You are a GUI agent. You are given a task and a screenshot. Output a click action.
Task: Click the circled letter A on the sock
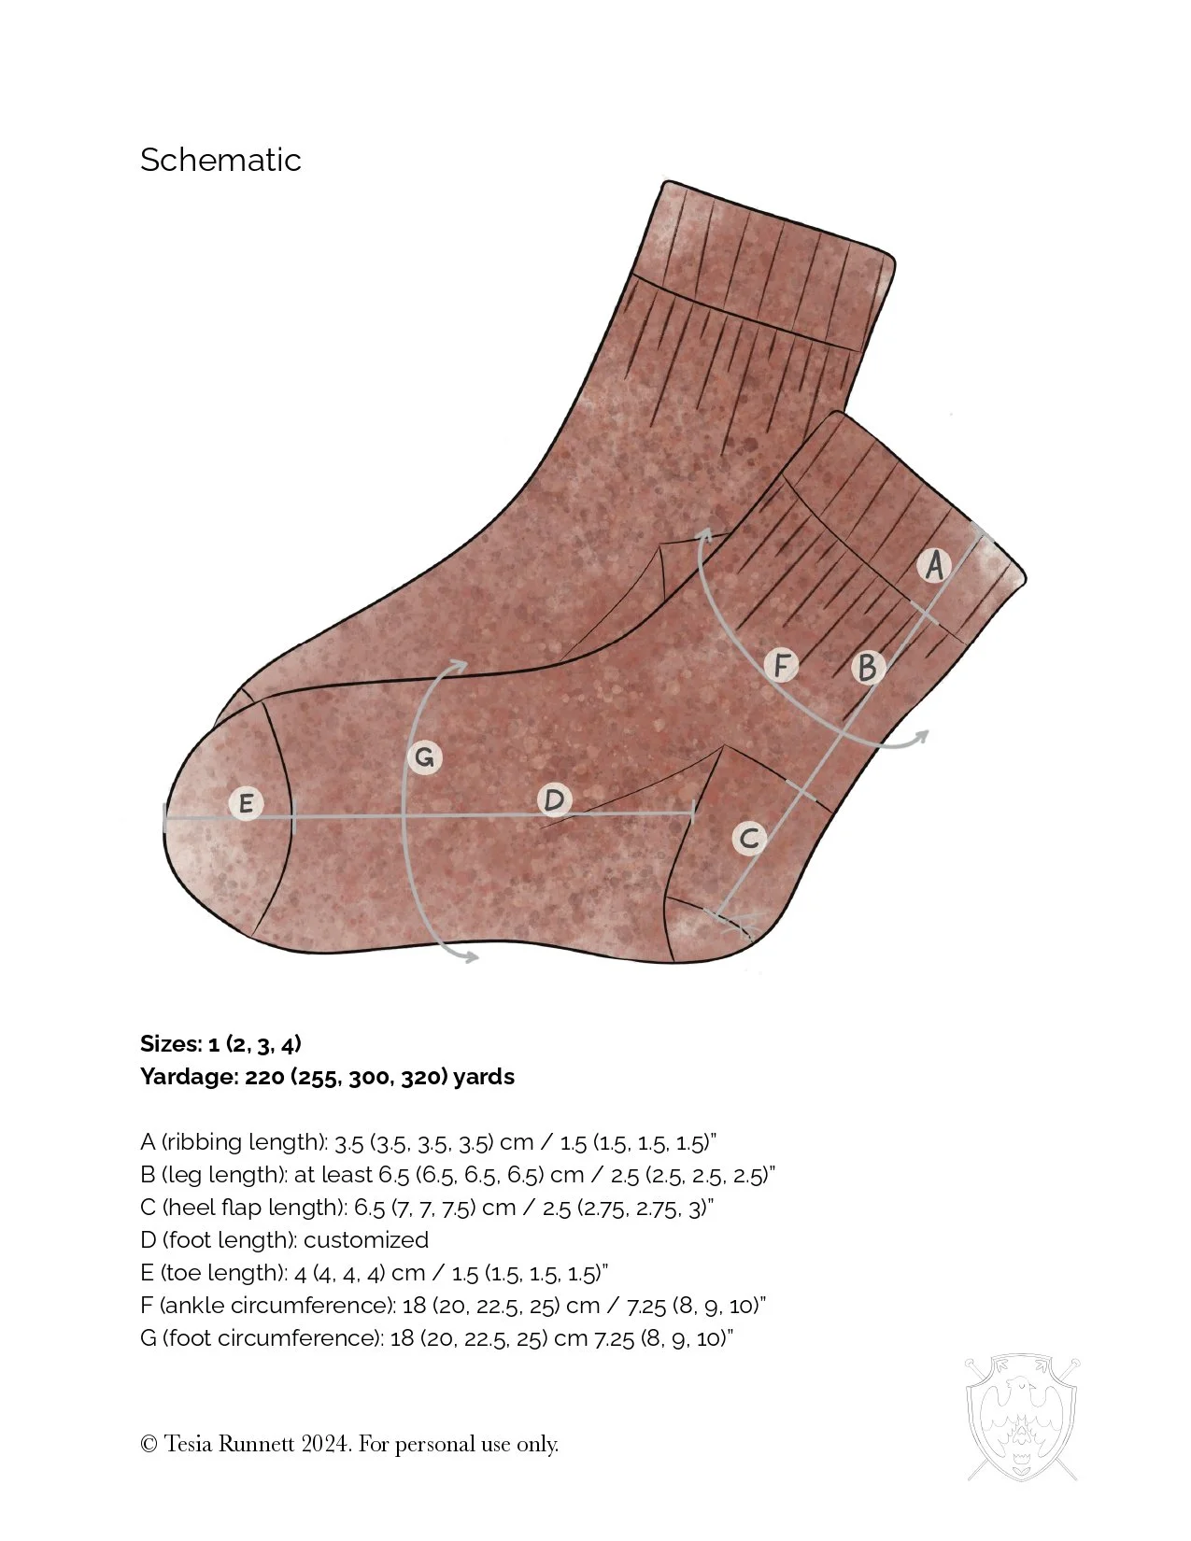click(x=933, y=566)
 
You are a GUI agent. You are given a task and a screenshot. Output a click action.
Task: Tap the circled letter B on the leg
click(x=868, y=667)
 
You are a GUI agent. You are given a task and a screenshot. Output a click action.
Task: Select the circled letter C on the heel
click(x=748, y=838)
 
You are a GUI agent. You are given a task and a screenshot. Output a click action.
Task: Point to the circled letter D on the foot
click(x=555, y=800)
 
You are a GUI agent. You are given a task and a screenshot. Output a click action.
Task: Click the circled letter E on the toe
click(x=246, y=803)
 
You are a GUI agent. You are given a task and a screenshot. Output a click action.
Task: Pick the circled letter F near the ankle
click(x=781, y=666)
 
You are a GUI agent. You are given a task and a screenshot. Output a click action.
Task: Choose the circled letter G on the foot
click(x=424, y=756)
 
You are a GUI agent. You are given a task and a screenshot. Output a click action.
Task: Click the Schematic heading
click(x=220, y=160)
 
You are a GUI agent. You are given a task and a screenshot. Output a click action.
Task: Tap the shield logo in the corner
click(x=1022, y=1418)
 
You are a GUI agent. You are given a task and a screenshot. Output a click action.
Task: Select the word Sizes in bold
click(x=170, y=1044)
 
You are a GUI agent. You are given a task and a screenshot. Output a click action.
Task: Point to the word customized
click(x=365, y=1240)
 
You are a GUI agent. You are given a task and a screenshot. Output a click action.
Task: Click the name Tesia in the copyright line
click(x=189, y=1444)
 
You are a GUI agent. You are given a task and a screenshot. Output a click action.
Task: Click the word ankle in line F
click(x=194, y=1306)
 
